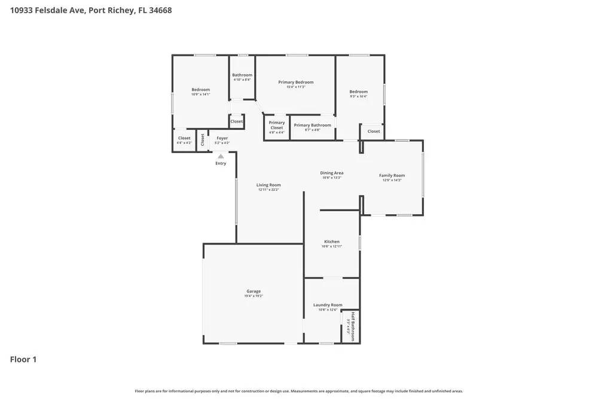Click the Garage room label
tap(254, 291)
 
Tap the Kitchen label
tap(331, 242)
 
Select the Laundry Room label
tap(328, 305)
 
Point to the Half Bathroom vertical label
tap(353, 326)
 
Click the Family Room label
tap(392, 175)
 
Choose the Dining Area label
tap(331, 173)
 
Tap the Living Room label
tap(269, 185)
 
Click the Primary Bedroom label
tap(295, 82)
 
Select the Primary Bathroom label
tap(312, 125)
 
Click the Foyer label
tap(222, 138)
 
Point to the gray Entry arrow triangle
tap(221, 156)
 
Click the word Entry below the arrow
tap(221, 163)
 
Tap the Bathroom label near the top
tap(242, 75)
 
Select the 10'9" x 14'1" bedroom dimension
tap(200, 95)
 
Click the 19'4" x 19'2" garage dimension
tap(254, 296)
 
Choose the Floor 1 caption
tap(23, 360)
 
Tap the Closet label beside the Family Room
tap(374, 131)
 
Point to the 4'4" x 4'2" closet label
tap(184, 143)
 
